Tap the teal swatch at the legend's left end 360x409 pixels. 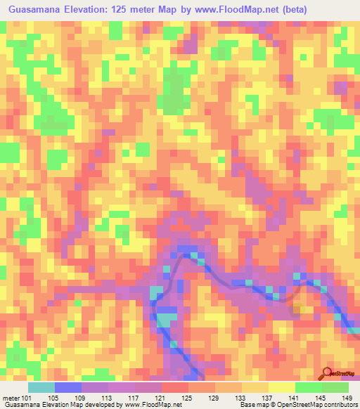(x=41, y=387)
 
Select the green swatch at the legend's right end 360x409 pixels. (x=335, y=387)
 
